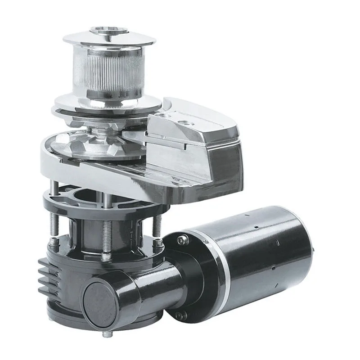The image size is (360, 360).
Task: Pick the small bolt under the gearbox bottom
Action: click(x=106, y=335)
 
